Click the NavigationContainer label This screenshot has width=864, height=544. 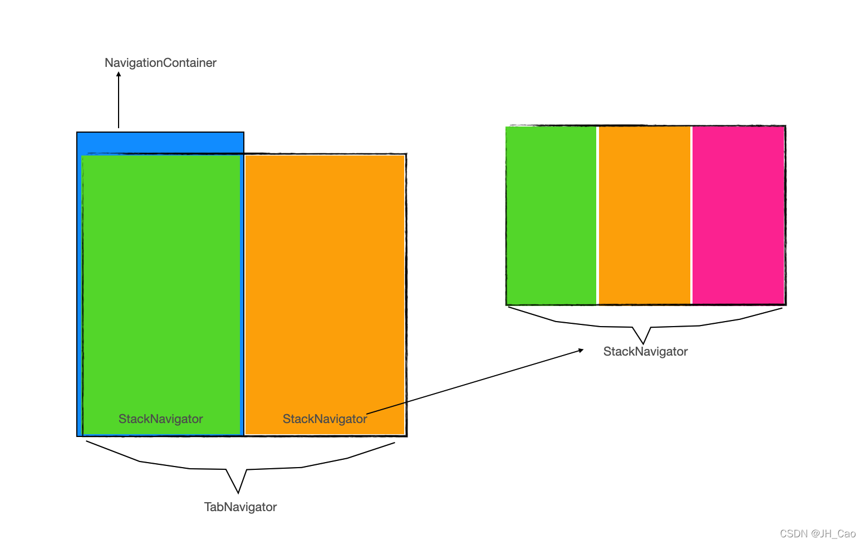[x=160, y=63]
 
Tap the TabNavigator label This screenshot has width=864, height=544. [x=240, y=507]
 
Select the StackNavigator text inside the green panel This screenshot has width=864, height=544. [x=160, y=419]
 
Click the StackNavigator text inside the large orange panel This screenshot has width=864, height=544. [x=325, y=419]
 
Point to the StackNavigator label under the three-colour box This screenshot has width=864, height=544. [x=645, y=352]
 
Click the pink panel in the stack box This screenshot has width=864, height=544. [x=738, y=215]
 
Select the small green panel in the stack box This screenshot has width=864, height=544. [x=551, y=215]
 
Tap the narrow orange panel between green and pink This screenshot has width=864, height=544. [x=644, y=215]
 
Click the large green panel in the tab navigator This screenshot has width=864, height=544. [x=161, y=279]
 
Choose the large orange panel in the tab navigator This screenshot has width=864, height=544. [x=325, y=279]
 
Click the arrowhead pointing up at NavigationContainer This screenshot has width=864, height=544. [x=119, y=74]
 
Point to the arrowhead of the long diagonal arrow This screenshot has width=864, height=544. [x=581, y=350]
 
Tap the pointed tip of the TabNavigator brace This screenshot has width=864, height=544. [x=238, y=492]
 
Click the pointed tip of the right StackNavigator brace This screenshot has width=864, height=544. [x=644, y=343]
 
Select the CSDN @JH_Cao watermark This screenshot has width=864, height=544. [x=817, y=534]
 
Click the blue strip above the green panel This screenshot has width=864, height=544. [x=160, y=142]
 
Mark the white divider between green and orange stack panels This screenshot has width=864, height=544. [x=597, y=215]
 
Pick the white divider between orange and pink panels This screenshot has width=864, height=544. [x=691, y=215]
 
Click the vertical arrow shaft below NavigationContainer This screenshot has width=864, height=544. [x=119, y=103]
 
